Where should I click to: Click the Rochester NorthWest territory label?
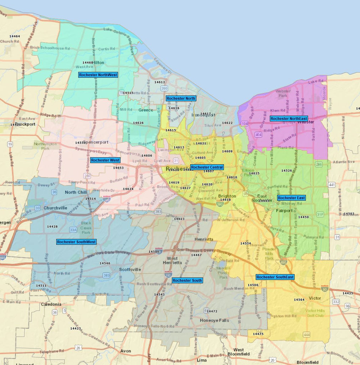point(98,75)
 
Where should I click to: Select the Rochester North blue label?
point(181,98)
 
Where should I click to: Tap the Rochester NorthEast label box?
point(289,119)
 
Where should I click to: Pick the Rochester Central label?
point(207,167)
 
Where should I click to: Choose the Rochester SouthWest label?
point(76,242)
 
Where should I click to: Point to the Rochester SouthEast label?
point(275,277)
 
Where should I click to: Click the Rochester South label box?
point(187,281)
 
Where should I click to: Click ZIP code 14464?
point(15,36)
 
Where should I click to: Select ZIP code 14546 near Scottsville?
point(105,263)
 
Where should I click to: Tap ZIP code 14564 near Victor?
point(299,300)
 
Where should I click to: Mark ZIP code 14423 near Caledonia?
point(76,329)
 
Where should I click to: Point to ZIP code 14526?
point(287,171)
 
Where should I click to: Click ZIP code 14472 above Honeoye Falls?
point(212,312)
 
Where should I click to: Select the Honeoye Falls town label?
point(214,320)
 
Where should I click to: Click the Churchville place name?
point(55,208)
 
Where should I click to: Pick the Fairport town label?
point(284,211)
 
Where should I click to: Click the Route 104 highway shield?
point(244,123)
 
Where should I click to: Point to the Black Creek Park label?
point(86,228)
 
